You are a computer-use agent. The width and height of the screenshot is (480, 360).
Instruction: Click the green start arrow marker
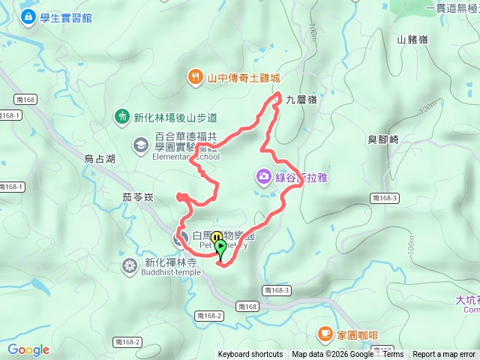point(221,247)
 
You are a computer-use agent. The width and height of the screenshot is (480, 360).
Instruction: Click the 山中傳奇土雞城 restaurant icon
point(195,76)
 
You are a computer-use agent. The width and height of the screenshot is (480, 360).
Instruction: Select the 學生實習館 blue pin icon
point(28,16)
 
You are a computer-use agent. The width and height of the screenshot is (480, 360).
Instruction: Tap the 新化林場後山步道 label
point(175,117)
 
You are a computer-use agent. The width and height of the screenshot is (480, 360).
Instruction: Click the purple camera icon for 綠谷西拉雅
point(263,177)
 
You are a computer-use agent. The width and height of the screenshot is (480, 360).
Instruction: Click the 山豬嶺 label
point(412,40)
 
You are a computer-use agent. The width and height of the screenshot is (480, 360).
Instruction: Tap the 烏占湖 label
point(99,159)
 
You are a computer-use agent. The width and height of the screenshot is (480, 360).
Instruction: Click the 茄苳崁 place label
point(136,197)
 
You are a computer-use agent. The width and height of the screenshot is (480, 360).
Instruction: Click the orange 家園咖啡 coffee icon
point(325,332)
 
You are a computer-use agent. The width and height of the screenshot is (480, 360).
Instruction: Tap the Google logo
point(28,349)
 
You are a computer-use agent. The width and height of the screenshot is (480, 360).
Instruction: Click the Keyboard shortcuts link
point(250,355)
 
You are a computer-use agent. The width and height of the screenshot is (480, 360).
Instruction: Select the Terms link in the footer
point(393,355)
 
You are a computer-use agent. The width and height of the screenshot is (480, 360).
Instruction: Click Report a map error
point(444,355)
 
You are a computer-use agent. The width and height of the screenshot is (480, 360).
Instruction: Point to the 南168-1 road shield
point(10,115)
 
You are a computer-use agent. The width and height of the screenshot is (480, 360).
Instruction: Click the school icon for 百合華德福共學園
point(140,144)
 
